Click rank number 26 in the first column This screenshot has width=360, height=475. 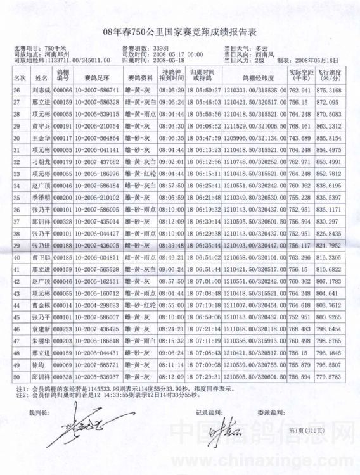coord(18,90)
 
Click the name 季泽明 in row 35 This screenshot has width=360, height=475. coord(41,198)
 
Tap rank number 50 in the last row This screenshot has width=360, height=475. coord(18,377)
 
